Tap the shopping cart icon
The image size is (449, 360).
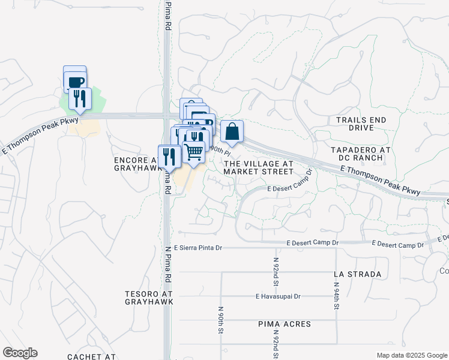click(193, 152)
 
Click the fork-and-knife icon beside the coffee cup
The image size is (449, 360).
click(80, 98)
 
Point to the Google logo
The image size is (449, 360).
click(20, 353)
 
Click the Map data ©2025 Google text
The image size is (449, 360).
click(412, 355)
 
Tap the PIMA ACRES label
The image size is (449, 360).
click(285, 324)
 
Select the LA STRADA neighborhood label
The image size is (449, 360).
click(358, 274)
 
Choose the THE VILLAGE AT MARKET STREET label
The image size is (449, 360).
click(258, 167)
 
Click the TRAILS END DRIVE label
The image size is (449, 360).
click(361, 124)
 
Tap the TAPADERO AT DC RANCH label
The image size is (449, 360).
click(357, 154)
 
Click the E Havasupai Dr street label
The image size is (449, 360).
click(278, 296)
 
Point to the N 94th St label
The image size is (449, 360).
click(337, 298)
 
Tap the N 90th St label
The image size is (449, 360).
click(221, 320)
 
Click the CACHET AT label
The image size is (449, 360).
click(91, 356)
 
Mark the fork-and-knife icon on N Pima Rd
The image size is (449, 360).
click(170, 157)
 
